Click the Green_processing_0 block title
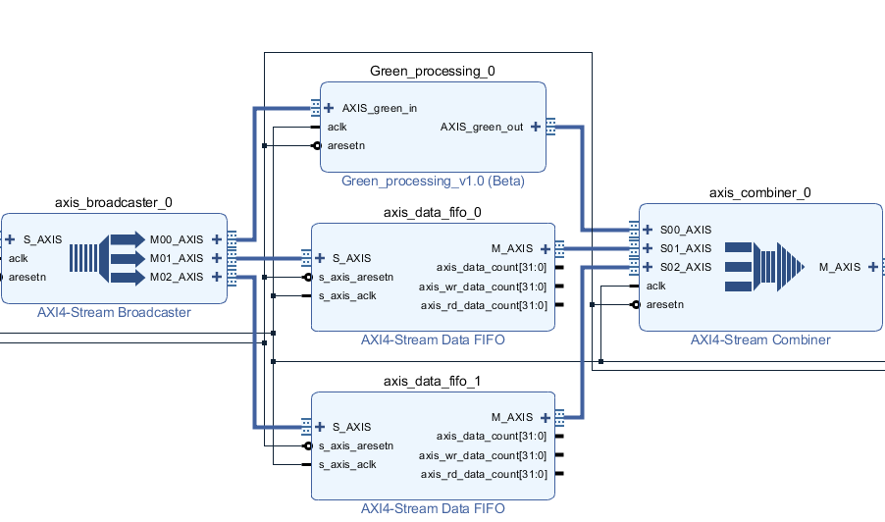(432, 72)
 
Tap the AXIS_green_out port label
(481, 127)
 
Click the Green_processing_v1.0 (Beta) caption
(432, 182)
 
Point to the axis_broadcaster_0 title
(113, 203)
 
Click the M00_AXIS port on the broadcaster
(177, 239)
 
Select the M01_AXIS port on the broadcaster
(177, 258)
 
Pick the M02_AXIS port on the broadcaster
(177, 277)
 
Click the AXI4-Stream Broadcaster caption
(114, 313)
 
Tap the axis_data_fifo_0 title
(432, 212)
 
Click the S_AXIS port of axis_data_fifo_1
(351, 427)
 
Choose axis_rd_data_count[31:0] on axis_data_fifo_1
(484, 474)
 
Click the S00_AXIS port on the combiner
(685, 230)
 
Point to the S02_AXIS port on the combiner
(685, 267)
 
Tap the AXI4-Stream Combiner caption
(760, 340)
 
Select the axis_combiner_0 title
(759, 193)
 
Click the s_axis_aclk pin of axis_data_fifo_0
(347, 295)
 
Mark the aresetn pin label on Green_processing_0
(346, 145)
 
